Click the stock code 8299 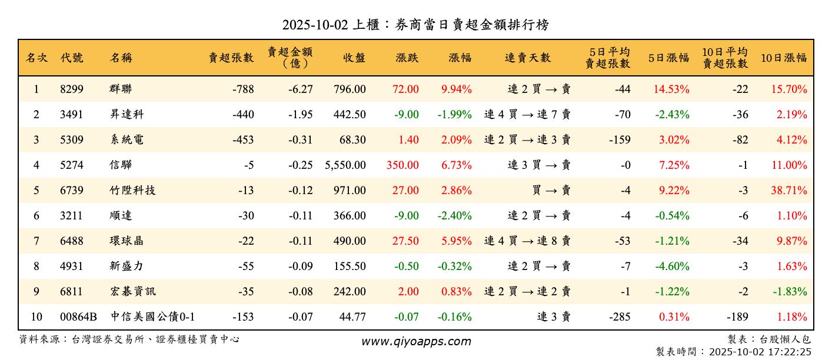[72, 89]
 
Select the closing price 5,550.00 [345, 165]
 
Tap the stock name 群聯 [121, 89]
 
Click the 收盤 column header [354, 58]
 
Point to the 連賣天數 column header [528, 58]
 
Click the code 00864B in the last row [78, 317]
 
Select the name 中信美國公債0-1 [153, 317]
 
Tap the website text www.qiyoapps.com [416, 342]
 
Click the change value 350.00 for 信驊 [402, 165]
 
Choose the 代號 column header [72, 58]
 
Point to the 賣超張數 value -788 [243, 89]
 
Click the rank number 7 [36, 241]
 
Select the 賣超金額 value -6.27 [301, 89]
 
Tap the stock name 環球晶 [127, 241]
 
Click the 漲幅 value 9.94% [456, 89]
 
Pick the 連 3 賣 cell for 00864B [554, 317]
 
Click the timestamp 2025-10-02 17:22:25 [760, 352]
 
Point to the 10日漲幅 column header [784, 58]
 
